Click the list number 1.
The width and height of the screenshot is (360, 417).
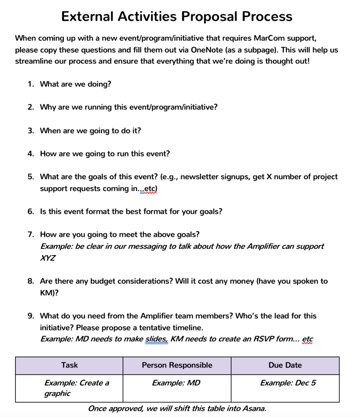click(x=31, y=84)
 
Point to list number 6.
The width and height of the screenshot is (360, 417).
click(x=31, y=212)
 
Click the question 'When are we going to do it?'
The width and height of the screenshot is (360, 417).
click(x=90, y=131)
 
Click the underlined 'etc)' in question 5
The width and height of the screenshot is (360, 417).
click(x=150, y=189)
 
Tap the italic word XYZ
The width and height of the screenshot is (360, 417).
click(x=48, y=258)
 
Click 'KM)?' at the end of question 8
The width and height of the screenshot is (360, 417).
click(x=49, y=293)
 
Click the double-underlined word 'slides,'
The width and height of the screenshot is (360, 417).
click(x=156, y=339)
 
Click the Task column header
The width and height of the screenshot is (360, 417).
click(x=69, y=365)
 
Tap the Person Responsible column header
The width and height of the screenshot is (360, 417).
click(x=177, y=365)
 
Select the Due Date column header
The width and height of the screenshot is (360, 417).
click(x=285, y=365)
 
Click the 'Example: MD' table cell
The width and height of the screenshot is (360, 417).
click(x=176, y=383)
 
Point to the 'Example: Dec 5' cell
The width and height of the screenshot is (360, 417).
click(x=288, y=383)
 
